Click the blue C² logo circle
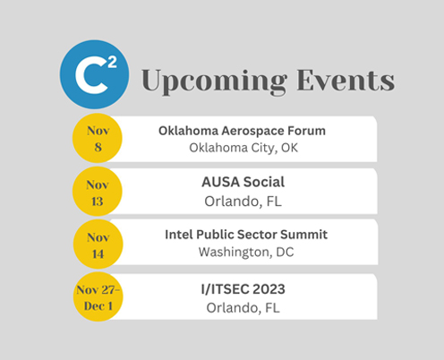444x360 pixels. pos(94,74)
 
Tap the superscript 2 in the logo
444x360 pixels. pos(112,63)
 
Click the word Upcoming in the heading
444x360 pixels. pos(214,81)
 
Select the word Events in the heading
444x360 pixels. pos(346,80)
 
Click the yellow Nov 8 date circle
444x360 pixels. pos(98,138)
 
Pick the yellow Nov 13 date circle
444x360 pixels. pos(98,192)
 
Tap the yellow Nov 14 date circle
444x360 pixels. pos(98,244)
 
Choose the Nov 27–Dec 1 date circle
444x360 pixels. pos(98,296)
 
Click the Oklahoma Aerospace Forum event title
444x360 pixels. pos(242,131)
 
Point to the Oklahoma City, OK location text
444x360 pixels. pos(243,148)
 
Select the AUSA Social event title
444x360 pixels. pos(243,182)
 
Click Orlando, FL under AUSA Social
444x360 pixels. pos(243,201)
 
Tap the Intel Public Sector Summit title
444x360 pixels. pos(246,235)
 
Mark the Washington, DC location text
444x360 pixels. pos(246,253)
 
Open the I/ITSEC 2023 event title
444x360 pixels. pos(243,289)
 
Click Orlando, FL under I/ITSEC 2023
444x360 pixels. pos(243,308)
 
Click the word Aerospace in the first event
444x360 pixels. pos(252,132)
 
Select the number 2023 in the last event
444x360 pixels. pos(269,289)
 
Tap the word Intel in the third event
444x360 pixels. pos(179,235)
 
